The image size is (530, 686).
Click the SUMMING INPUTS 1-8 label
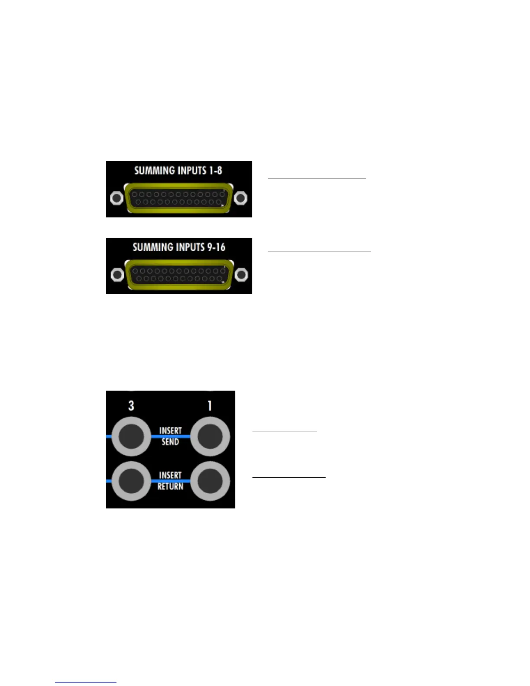coord(178,170)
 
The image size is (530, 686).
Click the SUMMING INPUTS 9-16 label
coord(179,247)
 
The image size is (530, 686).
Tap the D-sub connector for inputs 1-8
coord(178,198)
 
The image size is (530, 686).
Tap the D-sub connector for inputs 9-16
coord(178,275)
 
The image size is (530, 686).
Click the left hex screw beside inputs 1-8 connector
coord(116,198)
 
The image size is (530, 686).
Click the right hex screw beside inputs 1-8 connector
coord(241,198)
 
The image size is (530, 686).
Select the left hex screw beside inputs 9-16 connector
coord(116,275)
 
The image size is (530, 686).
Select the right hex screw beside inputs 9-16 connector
coord(241,275)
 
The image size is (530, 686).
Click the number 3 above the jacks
coord(131,406)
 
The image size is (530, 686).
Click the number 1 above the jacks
coord(210,406)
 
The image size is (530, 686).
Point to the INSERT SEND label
coord(170,436)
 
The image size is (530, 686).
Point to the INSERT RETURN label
coord(170,481)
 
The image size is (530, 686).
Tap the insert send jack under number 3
coord(131,437)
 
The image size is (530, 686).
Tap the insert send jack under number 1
coord(210,437)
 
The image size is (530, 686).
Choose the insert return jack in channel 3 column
coord(131,481)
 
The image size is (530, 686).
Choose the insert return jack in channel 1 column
coord(210,481)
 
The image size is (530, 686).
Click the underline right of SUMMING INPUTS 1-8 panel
coord(317,178)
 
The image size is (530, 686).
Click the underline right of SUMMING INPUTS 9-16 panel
coord(319,251)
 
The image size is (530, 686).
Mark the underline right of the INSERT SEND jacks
coord(284,431)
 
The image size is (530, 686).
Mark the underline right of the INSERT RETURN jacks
coord(288,477)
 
